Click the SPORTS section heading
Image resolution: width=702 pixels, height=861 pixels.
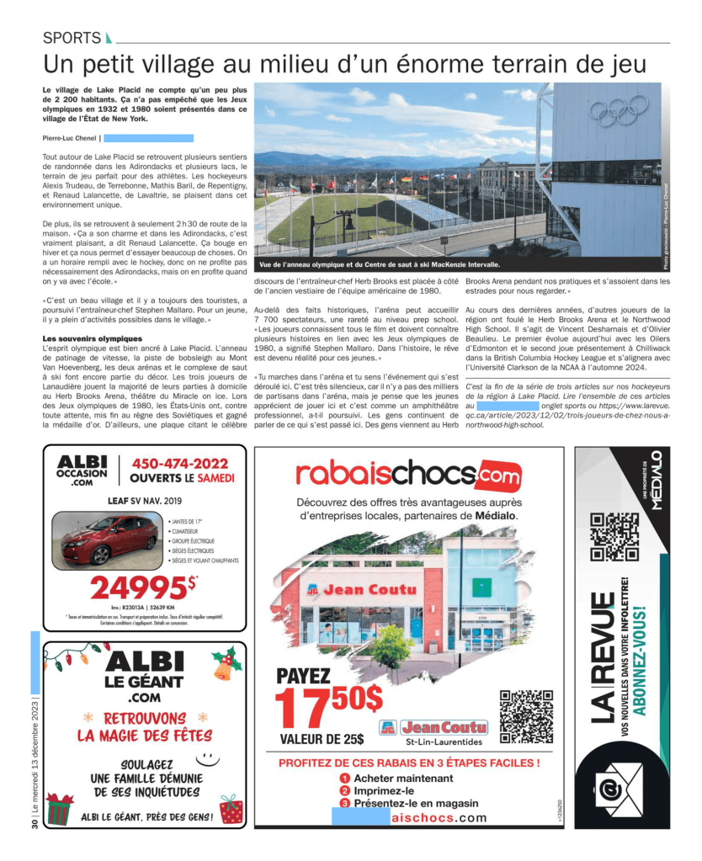click(72, 38)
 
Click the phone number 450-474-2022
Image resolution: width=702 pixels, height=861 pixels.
click(179, 464)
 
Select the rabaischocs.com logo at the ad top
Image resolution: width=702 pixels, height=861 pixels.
click(408, 474)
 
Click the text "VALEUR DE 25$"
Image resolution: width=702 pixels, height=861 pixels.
click(322, 740)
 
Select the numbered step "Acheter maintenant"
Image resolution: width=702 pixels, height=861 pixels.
click(402, 779)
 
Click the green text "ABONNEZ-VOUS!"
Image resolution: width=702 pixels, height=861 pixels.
click(641, 657)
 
